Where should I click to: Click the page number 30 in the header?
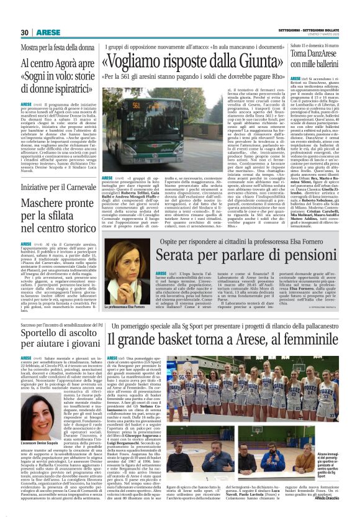point(25,32)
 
